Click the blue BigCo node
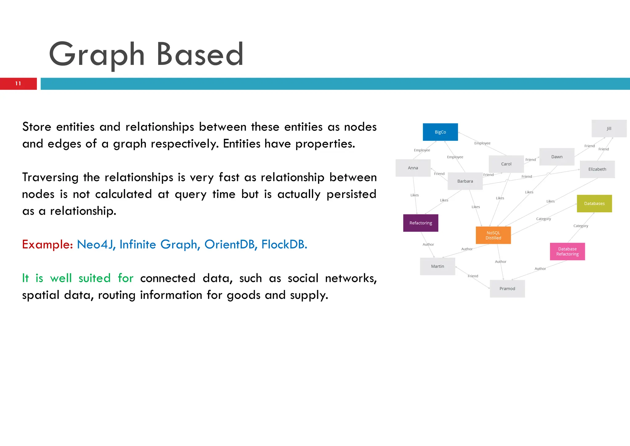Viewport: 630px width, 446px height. (x=440, y=132)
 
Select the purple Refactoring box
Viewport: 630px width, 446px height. (x=421, y=223)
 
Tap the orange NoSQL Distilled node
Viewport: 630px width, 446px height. (x=493, y=235)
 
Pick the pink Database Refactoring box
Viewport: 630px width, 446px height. (x=567, y=251)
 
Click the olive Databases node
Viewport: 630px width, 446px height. (x=594, y=203)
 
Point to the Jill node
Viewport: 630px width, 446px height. (x=609, y=128)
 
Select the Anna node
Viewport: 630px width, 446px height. (x=413, y=168)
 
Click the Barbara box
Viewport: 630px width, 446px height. (x=465, y=181)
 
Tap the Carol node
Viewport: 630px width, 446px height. (x=506, y=164)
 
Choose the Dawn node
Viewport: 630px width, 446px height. (x=556, y=157)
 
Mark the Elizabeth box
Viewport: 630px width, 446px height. (x=597, y=169)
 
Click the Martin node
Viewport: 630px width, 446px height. (x=437, y=266)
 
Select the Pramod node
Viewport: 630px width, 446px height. (x=507, y=288)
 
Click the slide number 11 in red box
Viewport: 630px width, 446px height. (x=18, y=84)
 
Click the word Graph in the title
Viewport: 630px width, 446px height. (x=97, y=55)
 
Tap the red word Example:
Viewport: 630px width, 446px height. (x=47, y=244)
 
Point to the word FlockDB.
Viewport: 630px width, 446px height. (x=284, y=244)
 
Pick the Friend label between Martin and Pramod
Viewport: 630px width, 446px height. (x=473, y=276)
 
